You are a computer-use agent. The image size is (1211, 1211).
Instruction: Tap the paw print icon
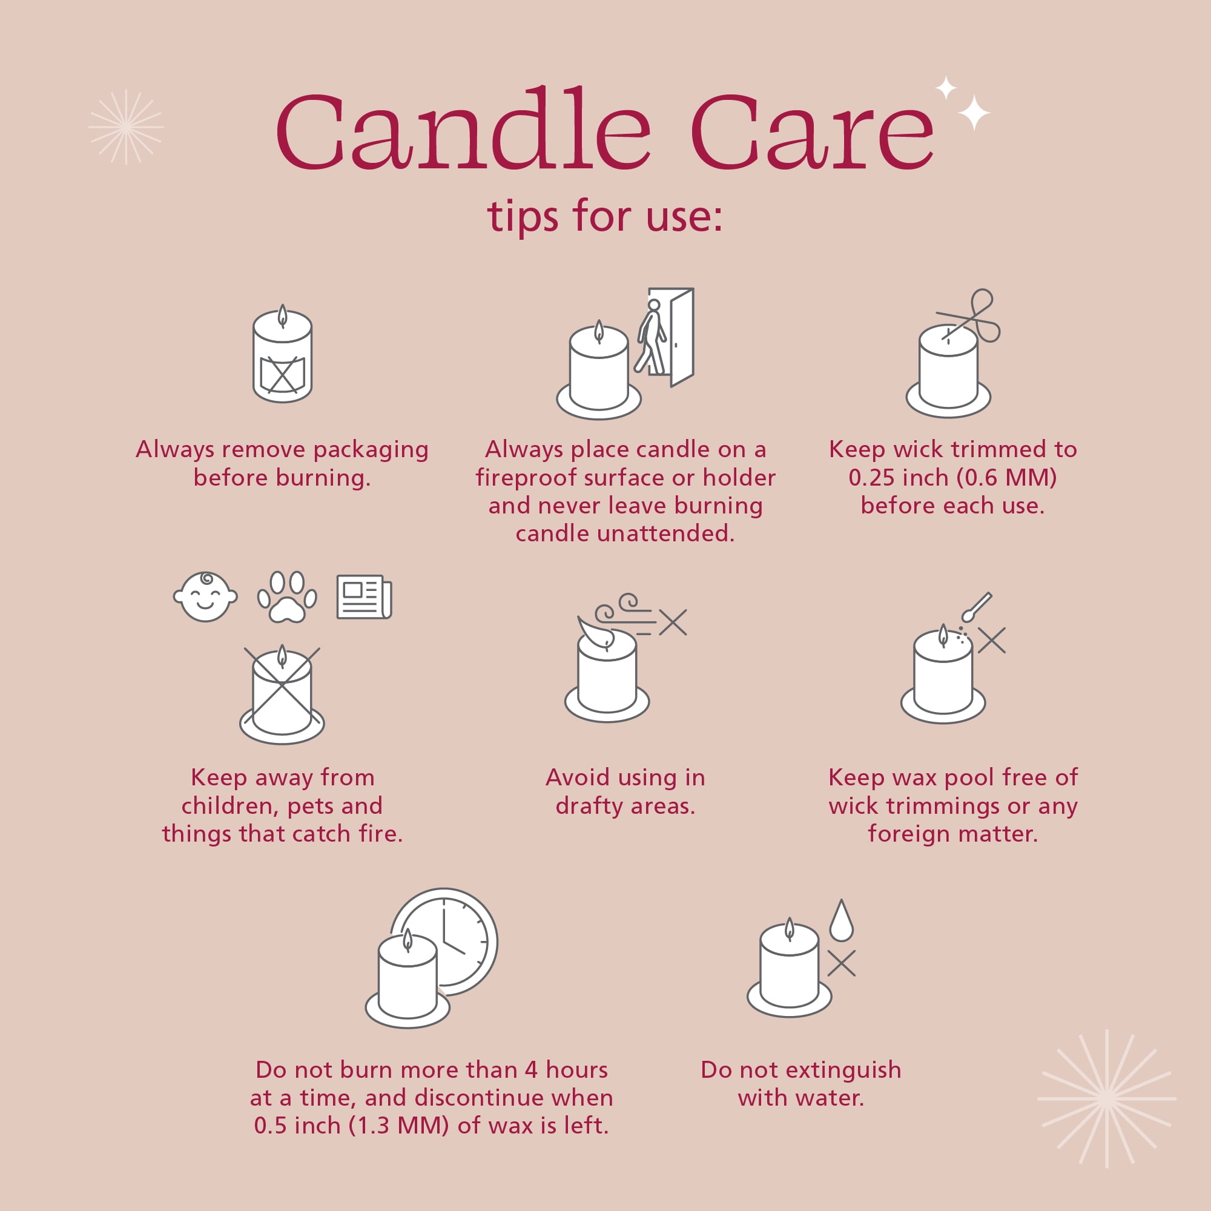click(287, 597)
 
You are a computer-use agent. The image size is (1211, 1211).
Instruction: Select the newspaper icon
click(364, 597)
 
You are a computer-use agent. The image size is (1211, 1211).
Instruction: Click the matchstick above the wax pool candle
click(977, 607)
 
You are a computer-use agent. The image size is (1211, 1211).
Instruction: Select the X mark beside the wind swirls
click(673, 622)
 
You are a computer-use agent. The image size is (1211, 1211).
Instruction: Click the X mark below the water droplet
click(841, 963)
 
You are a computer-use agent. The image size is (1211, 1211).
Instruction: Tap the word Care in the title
click(813, 131)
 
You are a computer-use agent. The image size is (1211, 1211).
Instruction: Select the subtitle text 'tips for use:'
click(605, 216)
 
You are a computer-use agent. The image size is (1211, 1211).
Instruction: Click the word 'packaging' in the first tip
click(371, 450)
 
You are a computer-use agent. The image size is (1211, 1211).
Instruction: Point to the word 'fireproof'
click(524, 478)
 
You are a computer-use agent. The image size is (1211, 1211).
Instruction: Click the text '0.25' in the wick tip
click(872, 478)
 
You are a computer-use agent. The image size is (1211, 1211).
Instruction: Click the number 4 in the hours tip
click(531, 1069)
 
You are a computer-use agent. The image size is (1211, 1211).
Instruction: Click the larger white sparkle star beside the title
click(974, 113)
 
